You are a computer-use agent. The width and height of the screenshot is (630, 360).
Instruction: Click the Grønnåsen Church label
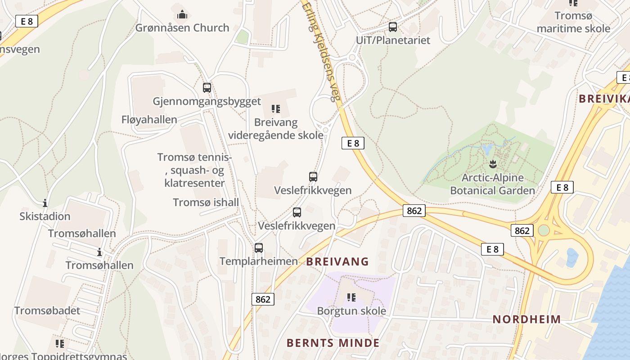point(182,28)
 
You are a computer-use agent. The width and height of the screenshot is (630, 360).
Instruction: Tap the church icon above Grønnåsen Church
point(182,15)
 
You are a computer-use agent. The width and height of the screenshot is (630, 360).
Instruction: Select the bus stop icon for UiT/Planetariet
point(393,27)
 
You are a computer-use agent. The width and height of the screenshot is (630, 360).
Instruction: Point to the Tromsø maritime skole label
point(573,22)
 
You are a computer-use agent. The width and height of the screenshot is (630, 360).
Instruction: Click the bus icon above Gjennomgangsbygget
point(207,88)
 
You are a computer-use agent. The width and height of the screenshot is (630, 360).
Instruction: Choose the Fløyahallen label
point(149,120)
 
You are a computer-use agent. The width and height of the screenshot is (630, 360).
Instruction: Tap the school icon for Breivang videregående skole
point(276,109)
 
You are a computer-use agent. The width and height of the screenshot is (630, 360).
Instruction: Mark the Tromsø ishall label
point(206,202)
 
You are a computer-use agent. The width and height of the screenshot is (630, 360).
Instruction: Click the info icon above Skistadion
point(45,203)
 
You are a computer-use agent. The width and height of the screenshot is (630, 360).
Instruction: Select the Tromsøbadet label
point(47,310)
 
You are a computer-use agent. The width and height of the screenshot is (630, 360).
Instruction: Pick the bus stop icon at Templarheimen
point(259,248)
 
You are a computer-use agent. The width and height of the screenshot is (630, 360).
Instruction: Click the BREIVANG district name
point(337,261)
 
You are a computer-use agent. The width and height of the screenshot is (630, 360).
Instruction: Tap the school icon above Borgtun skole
point(351,297)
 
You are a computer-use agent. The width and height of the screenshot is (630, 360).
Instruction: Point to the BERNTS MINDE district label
point(333,343)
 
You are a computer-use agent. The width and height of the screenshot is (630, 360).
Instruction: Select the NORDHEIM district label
point(526,319)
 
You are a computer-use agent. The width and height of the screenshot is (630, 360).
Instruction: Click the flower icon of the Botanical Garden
point(492,164)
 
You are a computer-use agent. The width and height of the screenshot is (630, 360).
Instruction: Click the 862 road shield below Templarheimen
point(263,299)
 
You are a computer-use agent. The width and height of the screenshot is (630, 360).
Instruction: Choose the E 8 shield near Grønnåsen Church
point(27,21)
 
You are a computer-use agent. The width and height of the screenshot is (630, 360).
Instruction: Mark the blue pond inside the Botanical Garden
point(487,149)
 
